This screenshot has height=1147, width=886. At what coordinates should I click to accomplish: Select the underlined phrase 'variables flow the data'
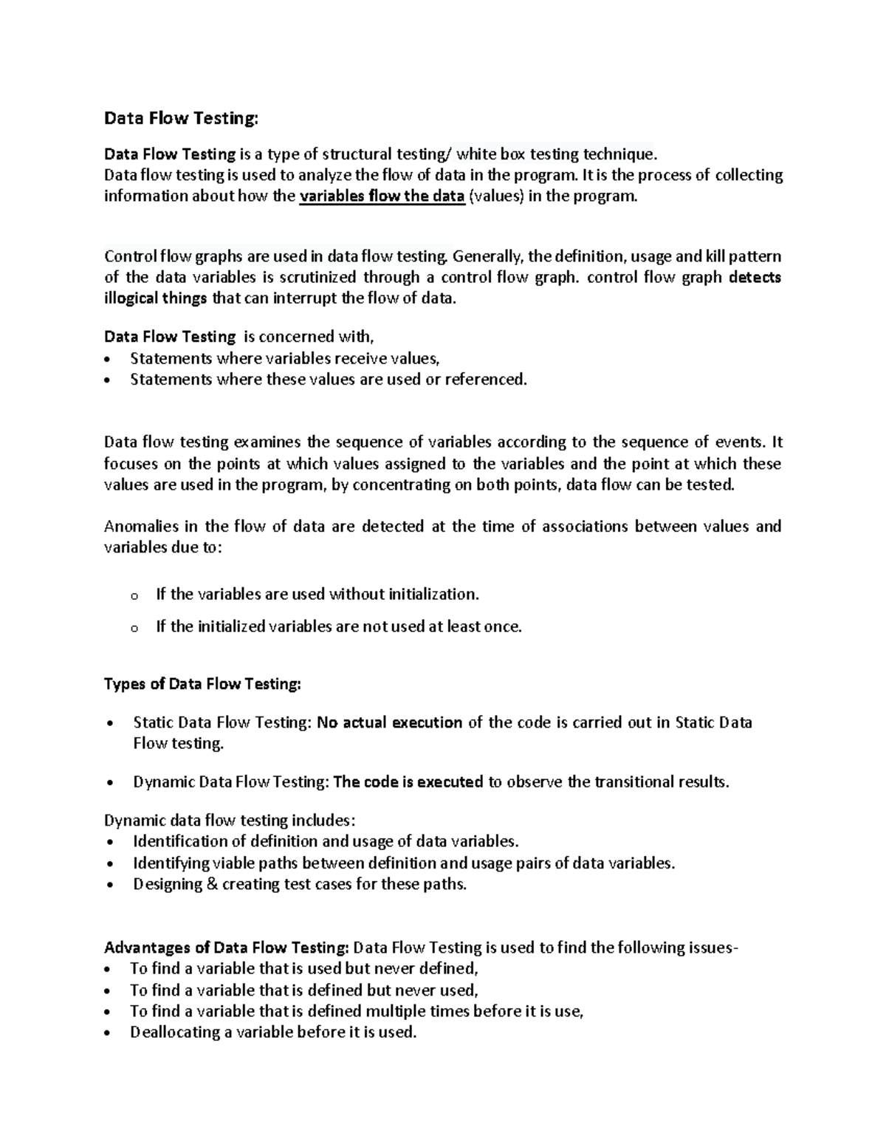coord(382,196)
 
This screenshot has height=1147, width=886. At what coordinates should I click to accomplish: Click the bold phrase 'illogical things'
coord(156,299)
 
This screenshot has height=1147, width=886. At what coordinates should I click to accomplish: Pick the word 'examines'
coord(267,442)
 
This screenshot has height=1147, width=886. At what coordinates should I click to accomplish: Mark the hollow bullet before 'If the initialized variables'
coord(134,629)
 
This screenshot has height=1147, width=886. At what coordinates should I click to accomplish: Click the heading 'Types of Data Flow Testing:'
coord(203,684)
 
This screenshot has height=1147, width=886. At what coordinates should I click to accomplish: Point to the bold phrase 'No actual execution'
coord(389,722)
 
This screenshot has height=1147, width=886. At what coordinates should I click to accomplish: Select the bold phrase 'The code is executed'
coord(408,782)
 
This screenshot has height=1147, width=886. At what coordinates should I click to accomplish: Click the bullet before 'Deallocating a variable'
coord(110,1034)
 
